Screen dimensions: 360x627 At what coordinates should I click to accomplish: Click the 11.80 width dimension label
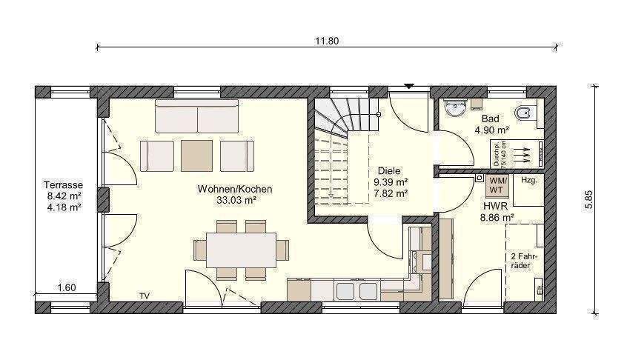[327, 41]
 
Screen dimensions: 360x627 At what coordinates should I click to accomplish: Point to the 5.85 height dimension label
[588, 199]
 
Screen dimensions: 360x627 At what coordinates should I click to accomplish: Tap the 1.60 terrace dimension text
[67, 287]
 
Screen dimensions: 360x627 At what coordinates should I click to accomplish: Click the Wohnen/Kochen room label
[234, 189]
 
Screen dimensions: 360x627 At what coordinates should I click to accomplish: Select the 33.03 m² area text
[236, 200]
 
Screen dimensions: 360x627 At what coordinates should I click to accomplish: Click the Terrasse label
[63, 185]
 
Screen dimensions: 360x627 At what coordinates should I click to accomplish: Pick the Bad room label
[490, 119]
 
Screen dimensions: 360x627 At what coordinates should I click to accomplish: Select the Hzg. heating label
[528, 180]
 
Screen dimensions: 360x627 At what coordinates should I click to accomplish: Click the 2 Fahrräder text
[523, 260]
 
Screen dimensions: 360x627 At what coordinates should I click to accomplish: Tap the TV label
[144, 296]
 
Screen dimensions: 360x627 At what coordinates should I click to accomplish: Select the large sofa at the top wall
[196, 117]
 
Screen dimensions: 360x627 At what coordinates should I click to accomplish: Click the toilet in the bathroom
[523, 113]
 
